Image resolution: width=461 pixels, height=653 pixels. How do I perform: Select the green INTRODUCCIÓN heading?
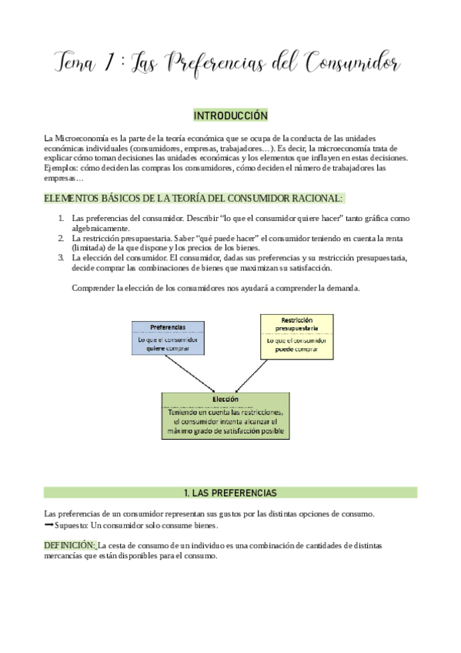[x=230, y=116]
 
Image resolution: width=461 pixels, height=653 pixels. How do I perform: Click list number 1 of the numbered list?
[x=61, y=219]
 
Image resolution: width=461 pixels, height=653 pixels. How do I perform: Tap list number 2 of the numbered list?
[x=61, y=238]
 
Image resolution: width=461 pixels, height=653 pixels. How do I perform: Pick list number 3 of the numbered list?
[x=61, y=258]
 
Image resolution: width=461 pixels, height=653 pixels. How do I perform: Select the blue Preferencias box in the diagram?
[x=168, y=337]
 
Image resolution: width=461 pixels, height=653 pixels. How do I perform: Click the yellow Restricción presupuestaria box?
[x=297, y=337]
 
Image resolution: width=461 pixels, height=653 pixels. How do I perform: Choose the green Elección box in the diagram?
[x=226, y=416]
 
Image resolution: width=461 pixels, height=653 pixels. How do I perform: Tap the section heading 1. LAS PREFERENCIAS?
[x=230, y=492]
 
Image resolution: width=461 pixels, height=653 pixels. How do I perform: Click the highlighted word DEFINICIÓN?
[x=69, y=545]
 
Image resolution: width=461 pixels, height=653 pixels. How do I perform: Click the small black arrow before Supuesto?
[x=49, y=525]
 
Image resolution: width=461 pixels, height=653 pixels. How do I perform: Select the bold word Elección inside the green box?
[x=226, y=400]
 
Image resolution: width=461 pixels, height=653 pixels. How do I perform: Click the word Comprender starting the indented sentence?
[x=93, y=288]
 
